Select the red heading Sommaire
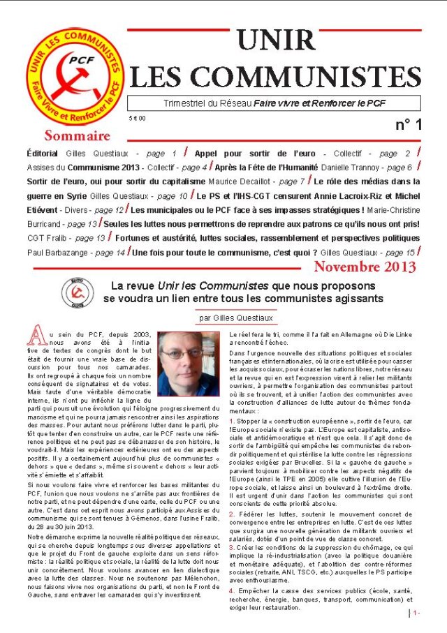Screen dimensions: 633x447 click(x=77, y=135)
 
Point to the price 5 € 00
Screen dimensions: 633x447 click(x=138, y=119)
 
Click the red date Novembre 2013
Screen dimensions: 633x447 click(x=365, y=267)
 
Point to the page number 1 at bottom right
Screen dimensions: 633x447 click(x=415, y=613)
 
